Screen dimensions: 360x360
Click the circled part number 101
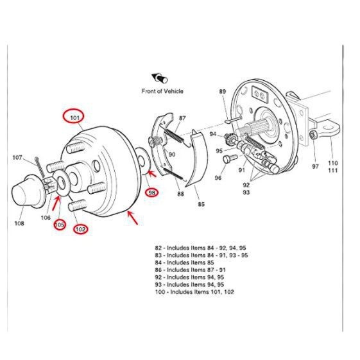tap(74, 117)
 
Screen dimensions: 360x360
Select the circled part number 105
tap(59, 225)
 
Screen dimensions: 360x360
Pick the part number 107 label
tap(17, 157)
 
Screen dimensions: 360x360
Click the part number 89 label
tap(223, 92)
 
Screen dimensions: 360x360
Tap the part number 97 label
tap(315, 166)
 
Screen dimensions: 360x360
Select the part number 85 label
tap(201, 205)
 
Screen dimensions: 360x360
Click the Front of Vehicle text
tap(162, 91)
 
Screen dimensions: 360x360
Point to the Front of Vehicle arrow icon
tap(156, 78)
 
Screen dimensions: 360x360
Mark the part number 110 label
tap(333, 163)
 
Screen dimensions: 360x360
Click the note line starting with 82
tap(200, 247)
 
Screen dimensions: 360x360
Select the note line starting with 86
tap(190, 270)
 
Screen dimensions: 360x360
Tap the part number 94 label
tap(212, 133)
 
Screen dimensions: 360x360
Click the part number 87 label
tap(182, 118)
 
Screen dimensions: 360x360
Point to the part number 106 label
tap(46, 218)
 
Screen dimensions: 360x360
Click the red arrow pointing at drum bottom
tap(133, 218)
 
